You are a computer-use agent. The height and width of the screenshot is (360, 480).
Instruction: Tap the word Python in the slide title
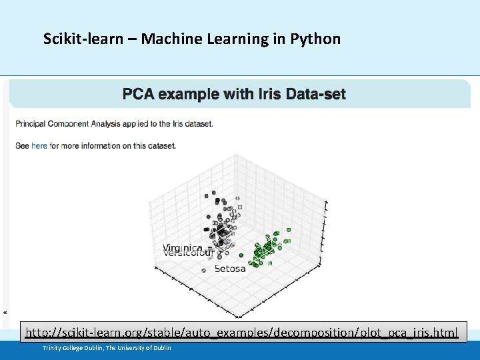(x=315, y=39)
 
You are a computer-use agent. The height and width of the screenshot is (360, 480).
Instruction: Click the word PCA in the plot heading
(x=137, y=94)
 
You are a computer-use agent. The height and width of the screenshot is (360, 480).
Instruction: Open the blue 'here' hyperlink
(x=39, y=145)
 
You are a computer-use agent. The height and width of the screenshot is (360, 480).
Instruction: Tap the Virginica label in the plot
(x=183, y=248)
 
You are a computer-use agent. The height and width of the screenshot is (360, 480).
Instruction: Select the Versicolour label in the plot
(x=187, y=254)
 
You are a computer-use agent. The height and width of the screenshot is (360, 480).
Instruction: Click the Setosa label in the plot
(x=230, y=269)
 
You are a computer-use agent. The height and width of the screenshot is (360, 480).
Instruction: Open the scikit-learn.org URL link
(x=241, y=332)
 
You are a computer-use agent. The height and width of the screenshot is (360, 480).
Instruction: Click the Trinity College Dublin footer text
(x=107, y=348)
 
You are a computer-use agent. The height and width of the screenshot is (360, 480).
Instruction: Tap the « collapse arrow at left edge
(x=5, y=312)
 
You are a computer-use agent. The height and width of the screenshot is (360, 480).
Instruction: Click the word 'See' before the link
(x=22, y=145)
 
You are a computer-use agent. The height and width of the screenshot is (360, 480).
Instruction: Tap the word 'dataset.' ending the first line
(x=197, y=124)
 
